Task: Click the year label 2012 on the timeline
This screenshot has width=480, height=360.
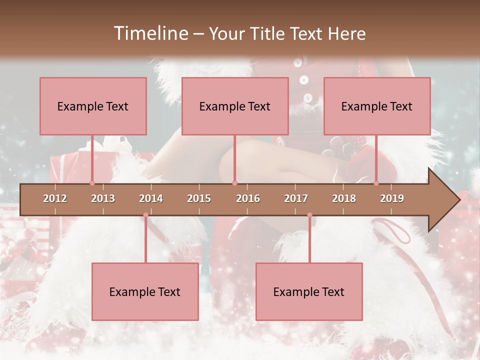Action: (55, 198)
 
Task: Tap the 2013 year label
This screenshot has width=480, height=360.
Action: (103, 198)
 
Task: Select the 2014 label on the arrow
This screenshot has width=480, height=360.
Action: (151, 198)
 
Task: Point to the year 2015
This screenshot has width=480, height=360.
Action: (199, 198)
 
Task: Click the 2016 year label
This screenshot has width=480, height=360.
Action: (248, 198)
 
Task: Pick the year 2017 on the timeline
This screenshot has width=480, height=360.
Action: (296, 198)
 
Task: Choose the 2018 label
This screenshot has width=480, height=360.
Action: (344, 198)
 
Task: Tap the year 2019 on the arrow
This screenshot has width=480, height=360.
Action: (392, 198)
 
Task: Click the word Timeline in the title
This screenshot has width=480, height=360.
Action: (150, 33)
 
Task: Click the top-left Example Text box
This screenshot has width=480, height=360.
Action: (93, 106)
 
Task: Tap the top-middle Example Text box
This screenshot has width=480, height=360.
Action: (235, 106)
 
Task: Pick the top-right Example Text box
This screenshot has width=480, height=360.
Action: (377, 106)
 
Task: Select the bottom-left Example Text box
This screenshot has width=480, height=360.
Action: (145, 291)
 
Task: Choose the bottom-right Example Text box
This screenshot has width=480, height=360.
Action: (309, 291)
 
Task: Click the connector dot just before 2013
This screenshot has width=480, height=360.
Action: (92, 183)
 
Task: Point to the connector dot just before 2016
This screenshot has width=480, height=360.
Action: (234, 183)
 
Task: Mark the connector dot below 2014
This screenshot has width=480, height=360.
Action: (145, 215)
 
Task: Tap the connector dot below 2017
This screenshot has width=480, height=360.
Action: (309, 215)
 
